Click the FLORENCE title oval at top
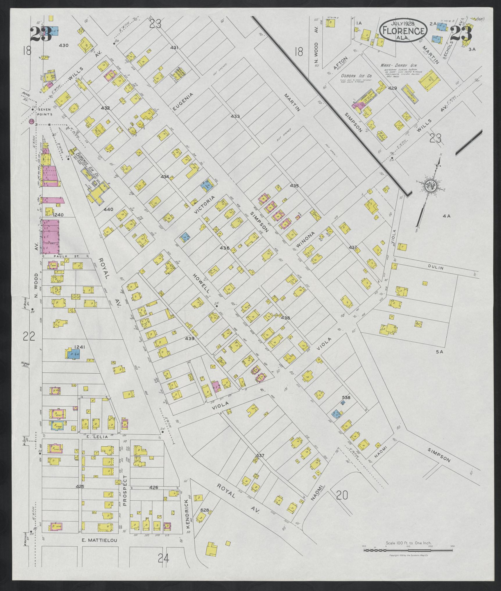click(403, 30)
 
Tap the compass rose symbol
click(430, 186)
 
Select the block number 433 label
click(235, 117)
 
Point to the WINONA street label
click(306, 241)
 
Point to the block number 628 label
click(205, 510)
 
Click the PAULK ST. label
click(61, 256)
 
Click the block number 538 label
click(346, 398)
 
